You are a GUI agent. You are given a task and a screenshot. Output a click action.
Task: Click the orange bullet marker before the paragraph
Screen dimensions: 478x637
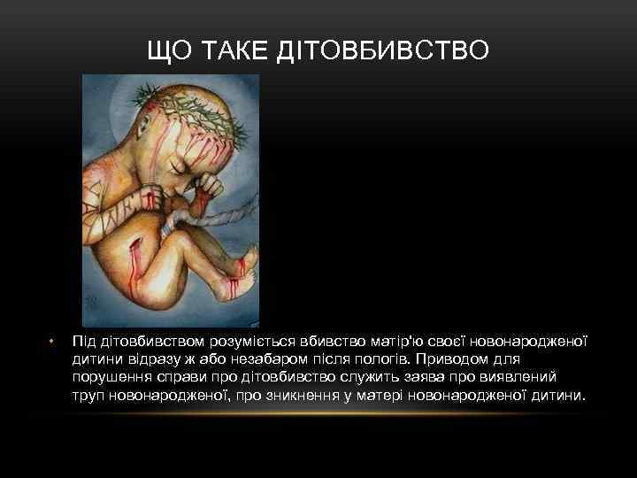(x=51, y=340)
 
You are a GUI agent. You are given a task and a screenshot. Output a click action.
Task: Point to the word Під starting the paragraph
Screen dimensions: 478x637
(x=85, y=340)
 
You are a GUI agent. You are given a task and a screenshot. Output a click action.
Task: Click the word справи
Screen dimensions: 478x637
(x=184, y=376)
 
